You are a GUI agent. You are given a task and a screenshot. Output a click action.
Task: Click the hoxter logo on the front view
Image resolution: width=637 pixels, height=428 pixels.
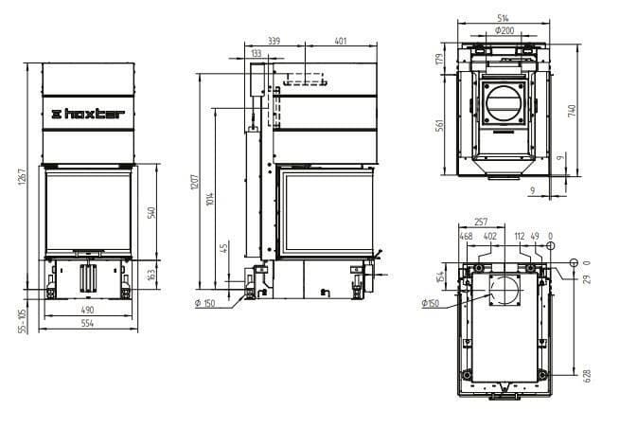pos(88,114)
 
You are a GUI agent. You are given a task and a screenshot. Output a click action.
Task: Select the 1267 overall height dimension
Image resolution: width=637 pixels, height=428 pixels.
pos(22,177)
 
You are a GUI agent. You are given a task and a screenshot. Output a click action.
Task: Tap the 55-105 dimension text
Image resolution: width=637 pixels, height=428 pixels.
pos(23,321)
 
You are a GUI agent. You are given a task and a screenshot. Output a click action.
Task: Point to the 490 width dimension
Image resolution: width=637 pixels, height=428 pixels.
pos(87,310)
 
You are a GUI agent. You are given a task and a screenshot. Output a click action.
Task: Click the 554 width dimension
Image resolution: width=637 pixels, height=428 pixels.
pos(87,323)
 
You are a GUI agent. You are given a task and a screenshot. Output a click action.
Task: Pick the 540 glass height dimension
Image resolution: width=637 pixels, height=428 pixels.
pos(151,212)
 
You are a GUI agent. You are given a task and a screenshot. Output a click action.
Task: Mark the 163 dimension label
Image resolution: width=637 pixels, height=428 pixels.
pos(151,275)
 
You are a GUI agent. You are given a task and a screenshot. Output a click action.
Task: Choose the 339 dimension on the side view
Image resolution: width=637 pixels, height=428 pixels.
pos(274,41)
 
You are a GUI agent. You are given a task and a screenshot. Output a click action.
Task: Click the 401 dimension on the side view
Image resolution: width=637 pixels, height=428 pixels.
pos(341,41)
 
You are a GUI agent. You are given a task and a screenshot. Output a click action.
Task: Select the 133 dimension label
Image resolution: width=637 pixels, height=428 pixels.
pos(257,53)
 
